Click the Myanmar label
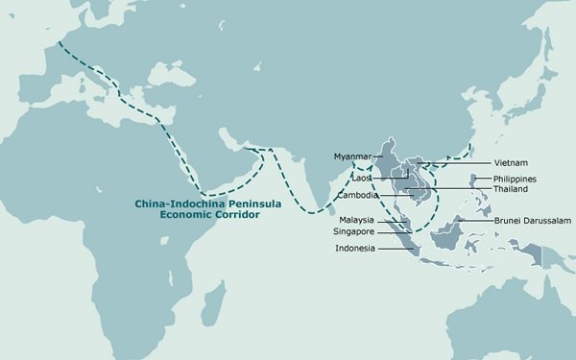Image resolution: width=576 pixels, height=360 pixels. pos(352,156)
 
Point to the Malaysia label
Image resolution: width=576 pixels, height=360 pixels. pos(356,220)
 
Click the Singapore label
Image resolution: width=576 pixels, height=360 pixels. pos(354,232)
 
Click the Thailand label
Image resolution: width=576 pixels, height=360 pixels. pos(514,190)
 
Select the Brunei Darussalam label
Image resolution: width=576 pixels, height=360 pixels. pos(533,220)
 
